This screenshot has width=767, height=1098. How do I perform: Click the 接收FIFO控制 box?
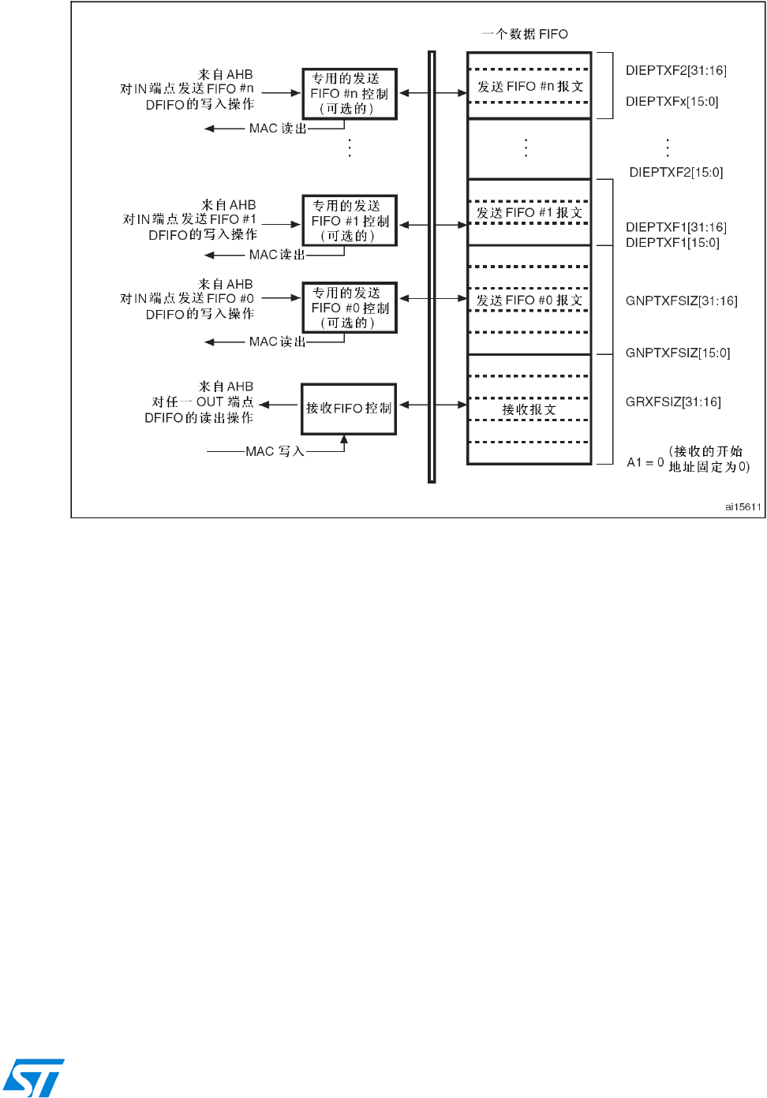[349, 409]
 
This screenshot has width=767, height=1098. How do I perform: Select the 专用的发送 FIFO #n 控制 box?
[350, 94]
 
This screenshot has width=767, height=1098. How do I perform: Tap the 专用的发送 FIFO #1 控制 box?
[350, 221]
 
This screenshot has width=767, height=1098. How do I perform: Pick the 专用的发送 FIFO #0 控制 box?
[350, 308]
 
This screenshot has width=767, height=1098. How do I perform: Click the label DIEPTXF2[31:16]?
[675, 71]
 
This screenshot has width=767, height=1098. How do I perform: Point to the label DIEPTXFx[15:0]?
[672, 102]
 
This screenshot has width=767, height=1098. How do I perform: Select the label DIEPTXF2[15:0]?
[675, 173]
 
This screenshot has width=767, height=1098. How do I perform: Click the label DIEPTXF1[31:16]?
[675, 228]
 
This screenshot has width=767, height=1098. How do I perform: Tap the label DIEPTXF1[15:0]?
[672, 243]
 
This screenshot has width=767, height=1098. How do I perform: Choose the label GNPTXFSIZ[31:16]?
[681, 301]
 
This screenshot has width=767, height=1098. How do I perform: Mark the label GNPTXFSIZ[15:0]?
[678, 353]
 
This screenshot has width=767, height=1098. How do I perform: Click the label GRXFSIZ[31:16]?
[673, 402]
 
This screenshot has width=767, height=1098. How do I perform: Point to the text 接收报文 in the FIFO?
[529, 410]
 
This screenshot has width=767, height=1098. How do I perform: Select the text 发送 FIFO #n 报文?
[529, 87]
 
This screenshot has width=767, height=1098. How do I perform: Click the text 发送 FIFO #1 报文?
[529, 213]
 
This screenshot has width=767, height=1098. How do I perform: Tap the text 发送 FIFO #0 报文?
[529, 301]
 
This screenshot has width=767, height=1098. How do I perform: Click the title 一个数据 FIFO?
[525, 34]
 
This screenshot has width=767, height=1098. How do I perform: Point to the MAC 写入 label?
[275, 452]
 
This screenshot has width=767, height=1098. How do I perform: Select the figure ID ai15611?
[743, 507]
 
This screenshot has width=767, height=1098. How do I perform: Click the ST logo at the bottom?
[33, 1077]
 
